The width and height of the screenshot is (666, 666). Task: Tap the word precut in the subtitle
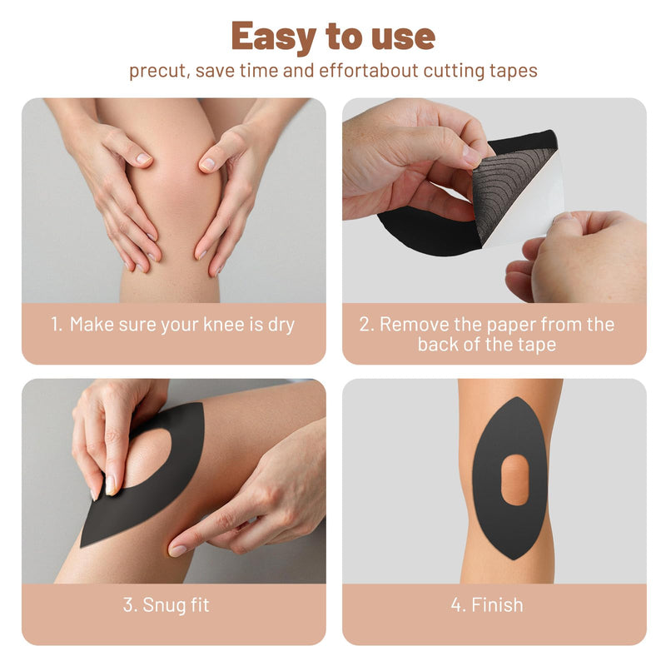coord(157,71)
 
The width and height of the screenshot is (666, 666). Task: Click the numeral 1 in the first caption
coord(55,325)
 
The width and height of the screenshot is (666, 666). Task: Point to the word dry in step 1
coord(280,325)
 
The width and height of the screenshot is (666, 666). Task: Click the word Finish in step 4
coord(498,605)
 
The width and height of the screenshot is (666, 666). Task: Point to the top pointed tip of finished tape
coord(510,398)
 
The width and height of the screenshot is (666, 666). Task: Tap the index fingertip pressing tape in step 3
coord(177,550)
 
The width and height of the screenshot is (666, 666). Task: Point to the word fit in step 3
coord(200,605)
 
